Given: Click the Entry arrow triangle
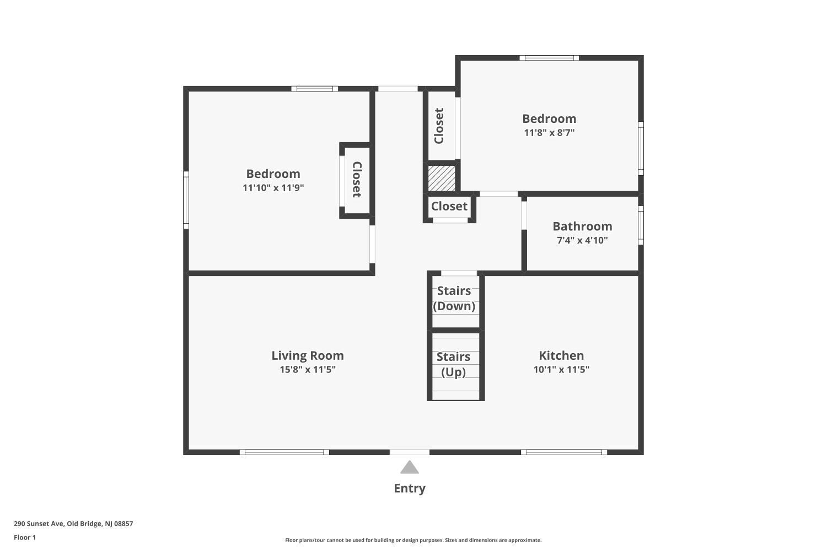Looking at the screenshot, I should click(x=409, y=468).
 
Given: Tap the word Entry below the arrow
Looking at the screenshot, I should click(x=409, y=488).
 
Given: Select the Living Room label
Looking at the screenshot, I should click(x=307, y=355).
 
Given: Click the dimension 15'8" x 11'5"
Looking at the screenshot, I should click(x=307, y=370).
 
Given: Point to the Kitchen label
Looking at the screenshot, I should click(x=561, y=355).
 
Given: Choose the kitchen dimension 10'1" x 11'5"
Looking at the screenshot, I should click(x=561, y=370).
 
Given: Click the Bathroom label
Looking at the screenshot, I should click(x=582, y=226).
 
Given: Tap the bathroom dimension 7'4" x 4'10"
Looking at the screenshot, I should click(x=582, y=240).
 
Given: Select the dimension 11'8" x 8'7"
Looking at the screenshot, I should click(x=549, y=133).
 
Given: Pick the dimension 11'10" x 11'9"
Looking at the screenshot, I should click(x=273, y=188).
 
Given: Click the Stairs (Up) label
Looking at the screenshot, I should click(x=453, y=364).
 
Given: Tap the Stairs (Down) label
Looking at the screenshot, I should click(x=454, y=298).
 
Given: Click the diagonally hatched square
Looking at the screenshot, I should click(x=442, y=178).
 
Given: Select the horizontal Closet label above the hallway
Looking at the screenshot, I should click(x=449, y=206).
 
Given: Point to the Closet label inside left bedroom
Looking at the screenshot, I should click(x=357, y=180).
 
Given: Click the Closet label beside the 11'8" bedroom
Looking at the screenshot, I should click(x=439, y=126).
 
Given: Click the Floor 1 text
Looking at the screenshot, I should click(x=25, y=537).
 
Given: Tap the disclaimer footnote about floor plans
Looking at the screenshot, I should click(x=413, y=540).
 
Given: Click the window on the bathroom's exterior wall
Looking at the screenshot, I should click(x=641, y=225).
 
